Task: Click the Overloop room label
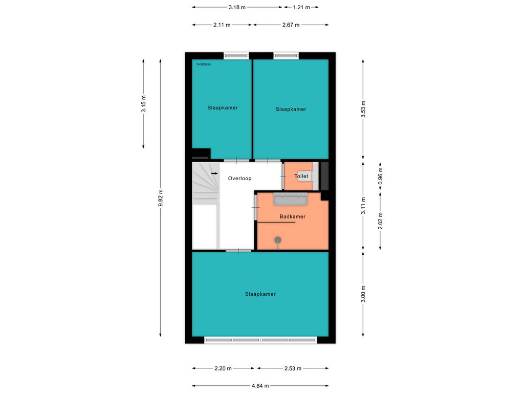coord(239,179)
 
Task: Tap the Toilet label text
coord(301,176)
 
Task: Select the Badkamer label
coord(292,216)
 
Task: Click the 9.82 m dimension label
coord(161,198)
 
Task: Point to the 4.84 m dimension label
coord(260,386)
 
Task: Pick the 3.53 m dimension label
coord(363,109)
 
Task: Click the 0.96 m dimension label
coord(380,176)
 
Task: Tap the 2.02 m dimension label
coord(380,221)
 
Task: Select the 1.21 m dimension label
coord(301,7)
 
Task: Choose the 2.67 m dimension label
coord(291,25)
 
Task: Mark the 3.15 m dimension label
coord(144,104)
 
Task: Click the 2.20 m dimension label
coord(223,368)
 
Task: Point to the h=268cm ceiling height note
coord(204,64)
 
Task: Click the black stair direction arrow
coord(214,173)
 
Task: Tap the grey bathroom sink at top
coord(290,200)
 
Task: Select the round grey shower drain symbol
coord(278,240)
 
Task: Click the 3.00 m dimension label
coord(363,294)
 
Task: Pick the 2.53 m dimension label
coord(293,368)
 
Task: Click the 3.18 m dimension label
coord(237,7)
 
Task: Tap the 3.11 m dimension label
coord(363,206)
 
